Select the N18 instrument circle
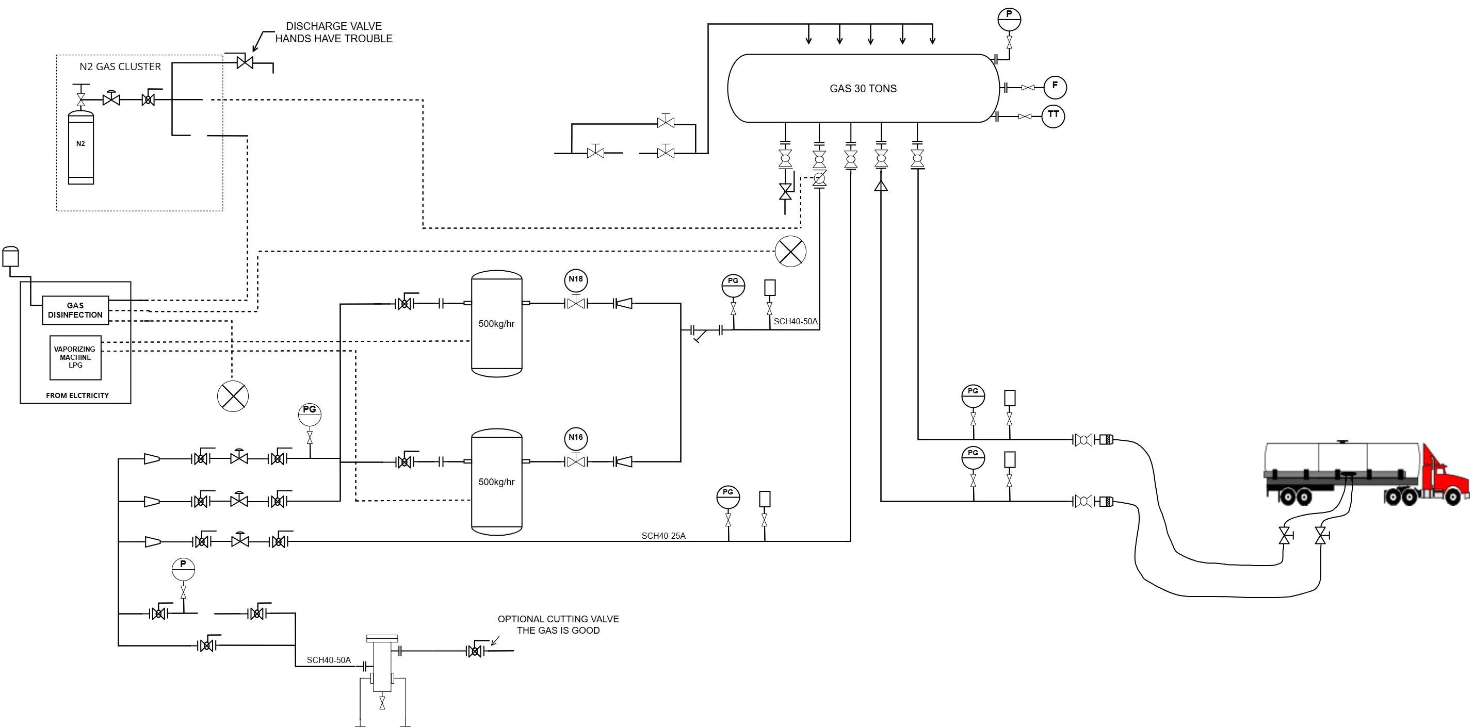(576, 279)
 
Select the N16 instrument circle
(576, 438)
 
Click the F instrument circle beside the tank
(1055, 87)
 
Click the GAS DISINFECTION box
(75, 310)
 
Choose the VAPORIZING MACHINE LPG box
(75, 358)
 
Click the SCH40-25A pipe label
(663, 536)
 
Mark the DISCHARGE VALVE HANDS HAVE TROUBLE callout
(334, 32)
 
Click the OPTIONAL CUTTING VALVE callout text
(558, 624)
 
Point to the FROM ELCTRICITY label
(77, 395)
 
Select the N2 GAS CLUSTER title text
(120, 67)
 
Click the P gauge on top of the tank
(1009, 19)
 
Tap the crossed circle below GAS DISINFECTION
(233, 396)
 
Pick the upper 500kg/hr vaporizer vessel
(496, 324)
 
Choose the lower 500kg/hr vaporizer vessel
(496, 482)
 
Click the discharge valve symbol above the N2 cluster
(245, 62)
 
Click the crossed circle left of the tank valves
(790, 251)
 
